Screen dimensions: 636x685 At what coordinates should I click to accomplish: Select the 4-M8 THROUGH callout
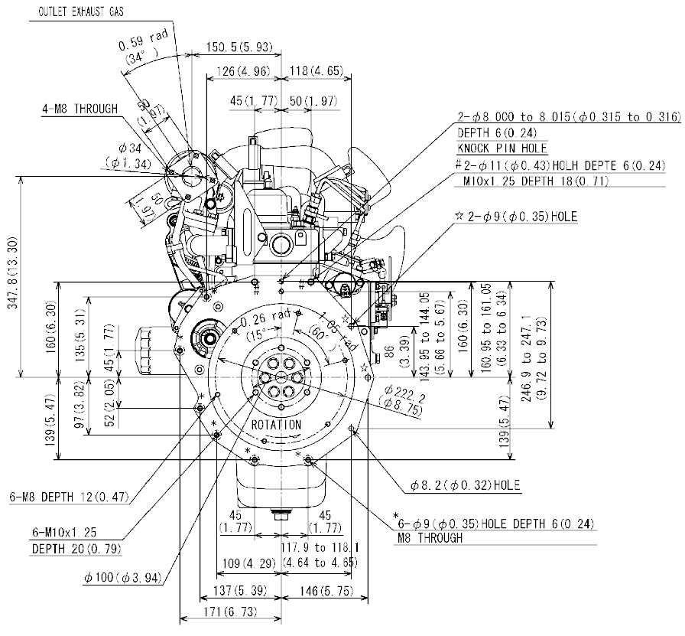[80, 109]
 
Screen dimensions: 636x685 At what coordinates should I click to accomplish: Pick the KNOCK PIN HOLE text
[502, 148]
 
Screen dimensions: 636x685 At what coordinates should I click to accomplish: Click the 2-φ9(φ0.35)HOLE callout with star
[521, 217]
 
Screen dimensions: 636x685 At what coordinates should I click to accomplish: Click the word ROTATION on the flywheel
[276, 425]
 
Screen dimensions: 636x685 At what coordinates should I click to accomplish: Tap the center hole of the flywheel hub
[281, 378]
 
